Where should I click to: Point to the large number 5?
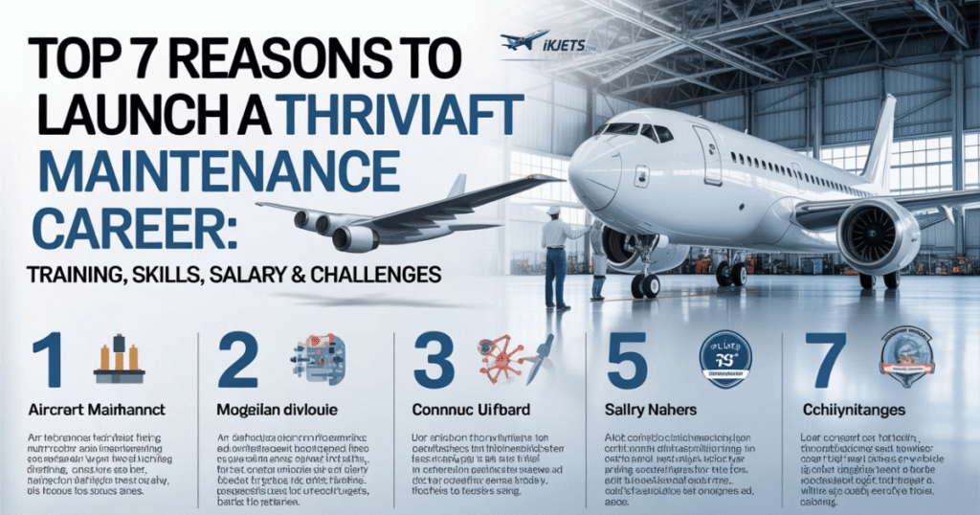point(626,358)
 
